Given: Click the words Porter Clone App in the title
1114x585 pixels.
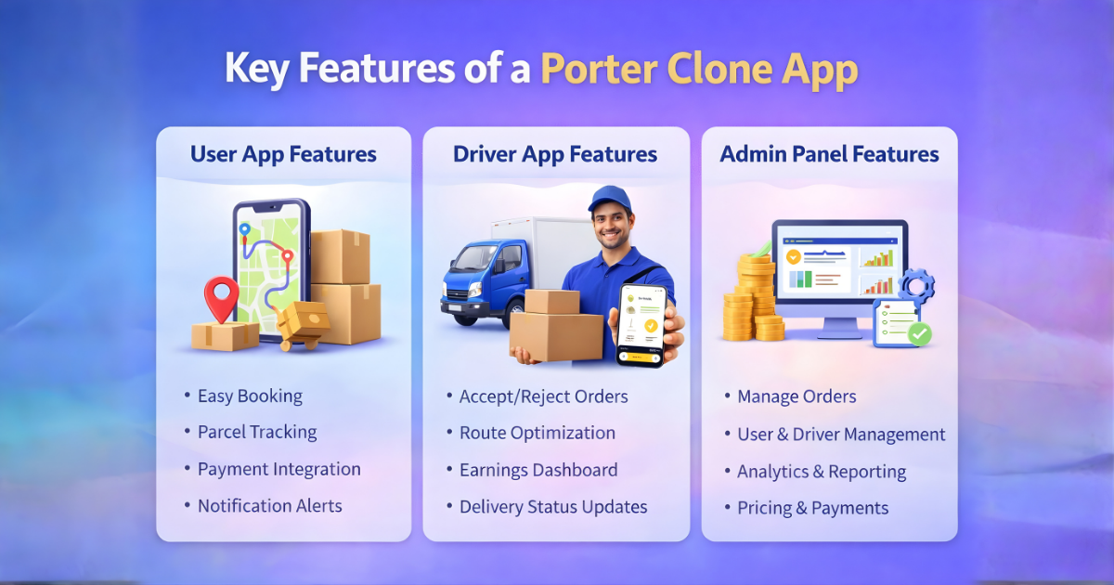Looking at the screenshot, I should pyautogui.click(x=698, y=71).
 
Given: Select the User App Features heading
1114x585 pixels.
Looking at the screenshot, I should pyautogui.click(x=283, y=154).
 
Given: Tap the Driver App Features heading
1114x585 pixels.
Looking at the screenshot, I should pyautogui.click(x=555, y=154).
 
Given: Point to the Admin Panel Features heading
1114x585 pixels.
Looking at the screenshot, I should pyautogui.click(x=829, y=154).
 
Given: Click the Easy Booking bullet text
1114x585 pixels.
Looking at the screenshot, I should pyautogui.click(x=250, y=396).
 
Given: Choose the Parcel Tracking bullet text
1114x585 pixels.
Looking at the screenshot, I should pyautogui.click(x=257, y=433).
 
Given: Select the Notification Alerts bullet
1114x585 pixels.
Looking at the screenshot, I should pyautogui.click(x=269, y=506).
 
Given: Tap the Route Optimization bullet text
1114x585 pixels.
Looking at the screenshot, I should pyautogui.click(x=537, y=434).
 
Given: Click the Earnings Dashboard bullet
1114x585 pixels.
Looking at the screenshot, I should pyautogui.click(x=538, y=471).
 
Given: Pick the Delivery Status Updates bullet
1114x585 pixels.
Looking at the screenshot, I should pyautogui.click(x=553, y=507).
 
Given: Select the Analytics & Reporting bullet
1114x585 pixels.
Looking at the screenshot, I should pyautogui.click(x=822, y=472).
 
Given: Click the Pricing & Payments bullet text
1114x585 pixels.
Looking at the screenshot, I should pyautogui.click(x=812, y=509).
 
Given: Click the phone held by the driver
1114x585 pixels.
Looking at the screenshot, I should pyautogui.click(x=642, y=325).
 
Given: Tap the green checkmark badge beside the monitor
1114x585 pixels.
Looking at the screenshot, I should pyautogui.click(x=919, y=333).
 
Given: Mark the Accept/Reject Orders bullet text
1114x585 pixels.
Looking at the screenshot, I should pyautogui.click(x=543, y=397).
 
